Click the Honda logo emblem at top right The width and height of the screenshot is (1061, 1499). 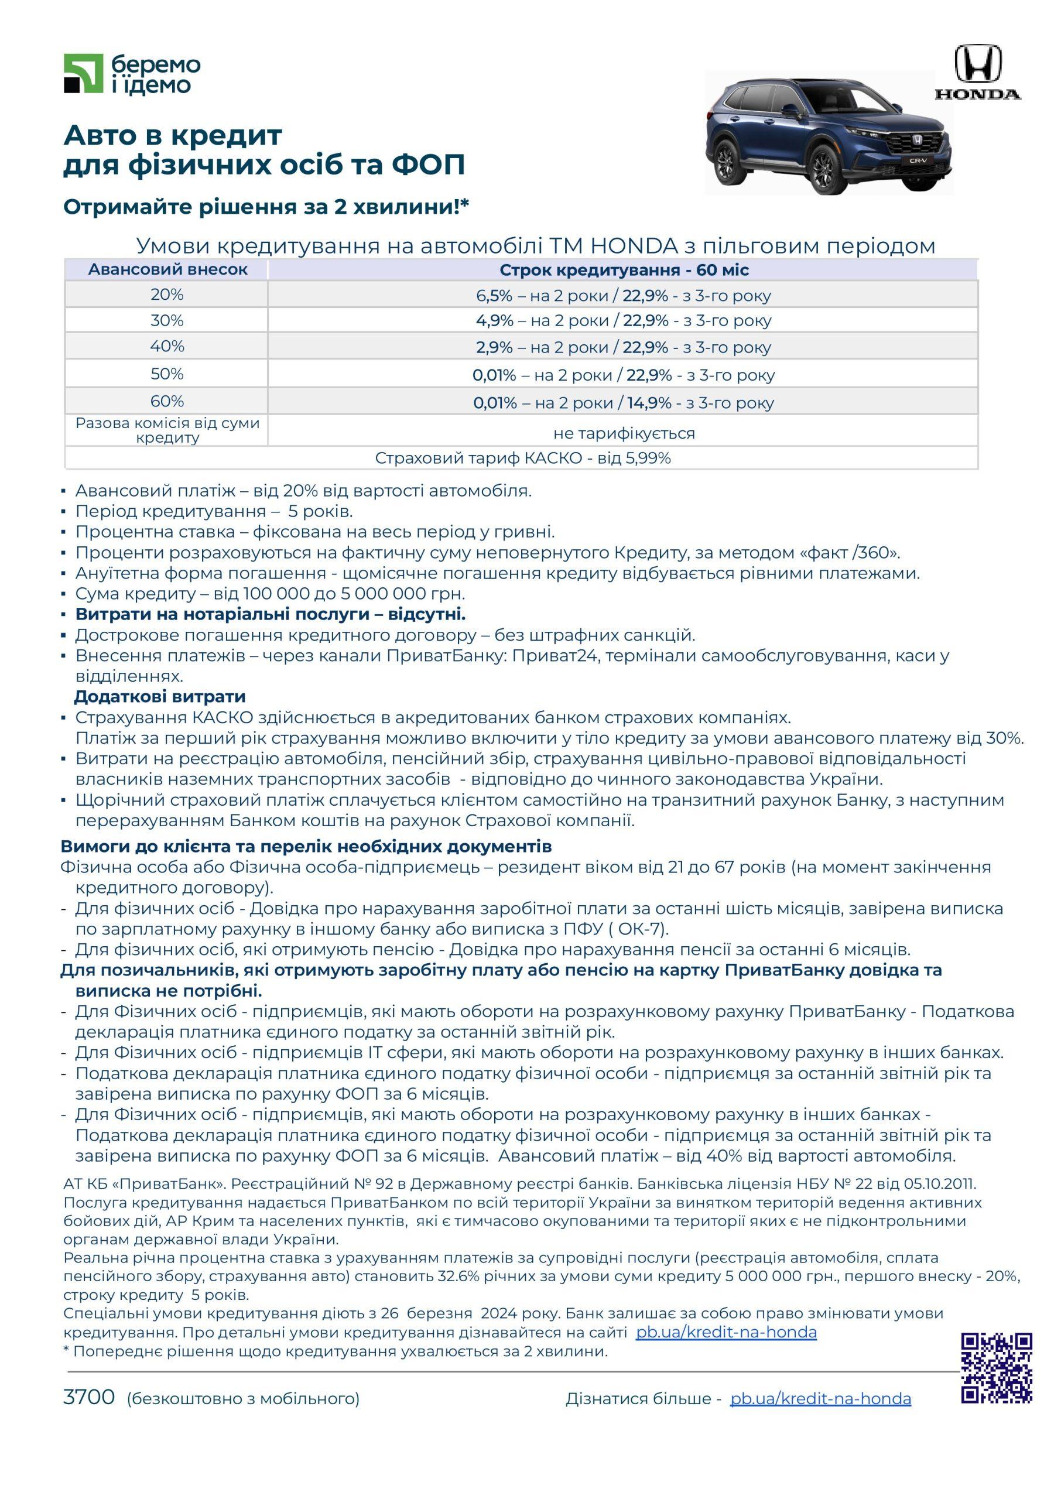pos(977,63)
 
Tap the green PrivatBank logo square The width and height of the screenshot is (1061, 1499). pos(84,74)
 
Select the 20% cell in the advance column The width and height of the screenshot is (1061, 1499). pos(167,295)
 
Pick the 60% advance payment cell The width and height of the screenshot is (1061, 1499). pos(167,401)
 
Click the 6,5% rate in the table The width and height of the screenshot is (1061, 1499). pos(494,296)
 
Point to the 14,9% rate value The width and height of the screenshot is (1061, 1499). pos(649,403)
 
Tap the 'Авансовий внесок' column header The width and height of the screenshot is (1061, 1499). pos(168,270)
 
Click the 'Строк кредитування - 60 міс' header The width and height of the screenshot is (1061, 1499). pos(624,270)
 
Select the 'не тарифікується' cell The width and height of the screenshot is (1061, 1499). pos(624,433)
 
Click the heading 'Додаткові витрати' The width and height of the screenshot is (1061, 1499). pos(159,696)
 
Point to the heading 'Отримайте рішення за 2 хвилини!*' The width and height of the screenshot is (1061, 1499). pos(266,207)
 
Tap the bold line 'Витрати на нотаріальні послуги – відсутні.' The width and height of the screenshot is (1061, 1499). pos(271,614)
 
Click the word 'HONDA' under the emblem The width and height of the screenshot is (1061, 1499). pos(977,94)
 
